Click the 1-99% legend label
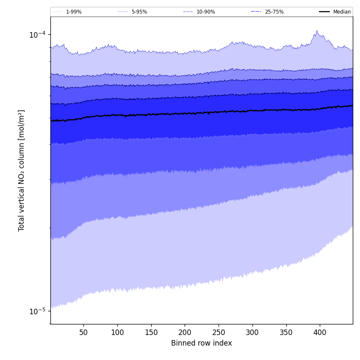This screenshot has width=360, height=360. point(74,12)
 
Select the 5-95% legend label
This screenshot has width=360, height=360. point(139,12)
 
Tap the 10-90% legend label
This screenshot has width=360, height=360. point(205,12)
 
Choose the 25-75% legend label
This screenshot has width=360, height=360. point(274,12)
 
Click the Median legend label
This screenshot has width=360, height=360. point(342,12)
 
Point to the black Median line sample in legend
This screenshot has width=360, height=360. point(324,12)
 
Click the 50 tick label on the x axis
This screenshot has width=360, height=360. point(83,332)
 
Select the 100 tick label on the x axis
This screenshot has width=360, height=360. point(117,332)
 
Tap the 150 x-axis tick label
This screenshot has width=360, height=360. point(151,332)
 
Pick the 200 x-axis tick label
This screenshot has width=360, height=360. point(185,332)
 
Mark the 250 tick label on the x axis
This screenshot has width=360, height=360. point(219,332)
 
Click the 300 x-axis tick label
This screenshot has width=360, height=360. point(252,332)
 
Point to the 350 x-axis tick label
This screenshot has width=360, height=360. point(286,332)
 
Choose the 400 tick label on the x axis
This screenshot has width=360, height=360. point(320,332)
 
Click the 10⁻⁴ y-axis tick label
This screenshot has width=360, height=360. point(37,35)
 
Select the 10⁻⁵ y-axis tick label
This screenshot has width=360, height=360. point(37,311)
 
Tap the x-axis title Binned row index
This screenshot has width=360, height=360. point(202,343)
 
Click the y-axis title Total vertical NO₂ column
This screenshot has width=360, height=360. point(22,170)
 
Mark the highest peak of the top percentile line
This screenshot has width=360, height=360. point(316,30)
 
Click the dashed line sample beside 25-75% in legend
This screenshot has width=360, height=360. point(256,12)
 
